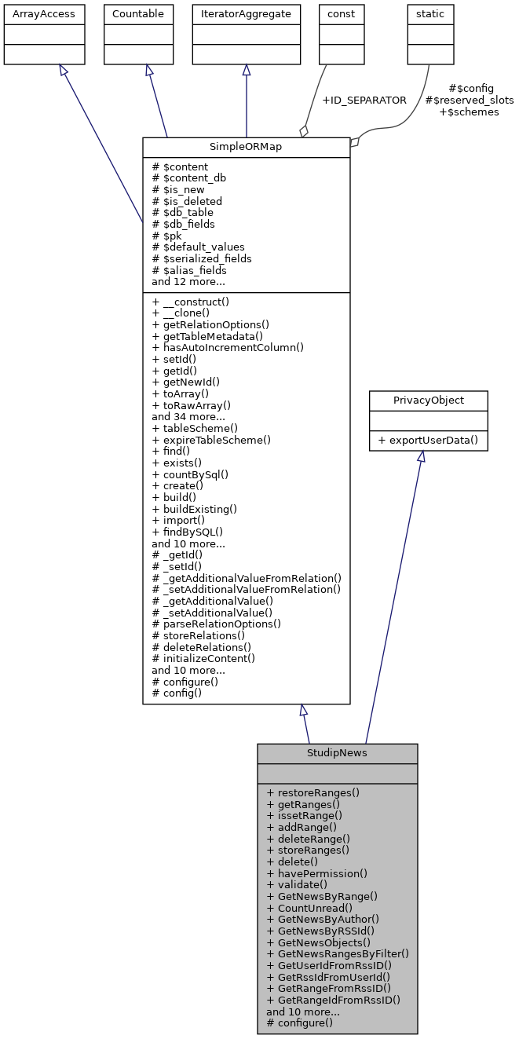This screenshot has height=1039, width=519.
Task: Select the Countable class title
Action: pyautogui.click(x=137, y=13)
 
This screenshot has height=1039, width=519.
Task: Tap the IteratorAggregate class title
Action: pyautogui.click(x=246, y=13)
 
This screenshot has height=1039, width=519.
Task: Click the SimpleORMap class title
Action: pyautogui.click(x=246, y=148)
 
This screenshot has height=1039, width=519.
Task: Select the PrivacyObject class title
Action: pyautogui.click(x=428, y=400)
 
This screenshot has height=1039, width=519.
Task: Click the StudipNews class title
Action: pyautogui.click(x=337, y=753)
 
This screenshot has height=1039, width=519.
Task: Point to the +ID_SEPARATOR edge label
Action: pyautogui.click(x=364, y=101)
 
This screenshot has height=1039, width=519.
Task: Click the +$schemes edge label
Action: pyautogui.click(x=469, y=112)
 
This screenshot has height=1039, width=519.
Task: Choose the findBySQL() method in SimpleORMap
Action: pyautogui.click(x=187, y=532)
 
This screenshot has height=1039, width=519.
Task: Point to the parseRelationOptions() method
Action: pyautogui.click(x=217, y=624)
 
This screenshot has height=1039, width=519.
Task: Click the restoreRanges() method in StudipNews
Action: pyautogui.click(x=313, y=792)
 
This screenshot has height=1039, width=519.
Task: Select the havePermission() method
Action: pyautogui.click(x=317, y=873)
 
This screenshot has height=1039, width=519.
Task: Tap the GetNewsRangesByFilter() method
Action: pyautogui.click(x=338, y=953)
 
